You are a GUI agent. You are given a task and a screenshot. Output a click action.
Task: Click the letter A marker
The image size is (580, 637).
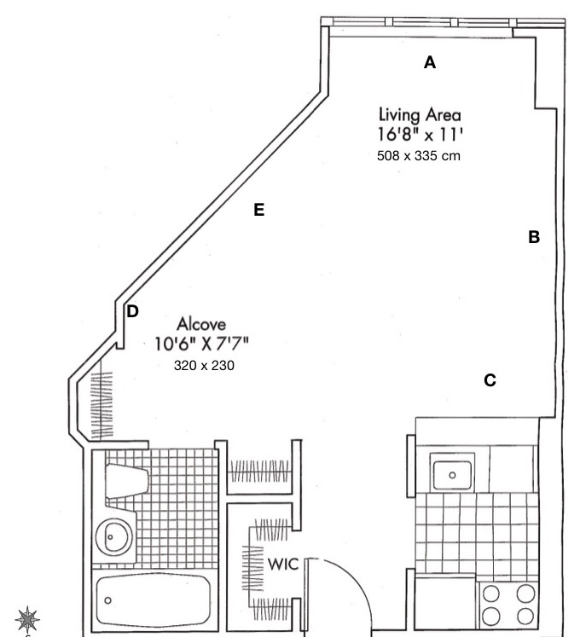click(430, 62)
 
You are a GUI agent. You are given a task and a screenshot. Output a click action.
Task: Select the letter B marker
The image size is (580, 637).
click(534, 238)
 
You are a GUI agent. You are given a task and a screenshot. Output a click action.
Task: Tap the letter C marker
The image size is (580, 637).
click(490, 380)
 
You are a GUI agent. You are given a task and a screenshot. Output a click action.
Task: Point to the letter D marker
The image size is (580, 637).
click(132, 311)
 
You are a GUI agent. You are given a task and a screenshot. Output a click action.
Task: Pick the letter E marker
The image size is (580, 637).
click(259, 210)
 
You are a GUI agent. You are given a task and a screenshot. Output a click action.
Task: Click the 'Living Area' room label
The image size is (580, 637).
click(420, 114)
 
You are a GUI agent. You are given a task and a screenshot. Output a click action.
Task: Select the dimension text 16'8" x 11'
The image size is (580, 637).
click(420, 135)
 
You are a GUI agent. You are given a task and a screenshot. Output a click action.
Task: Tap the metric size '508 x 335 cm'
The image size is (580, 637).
click(419, 156)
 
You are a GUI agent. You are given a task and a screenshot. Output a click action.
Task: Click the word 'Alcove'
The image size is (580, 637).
click(201, 324)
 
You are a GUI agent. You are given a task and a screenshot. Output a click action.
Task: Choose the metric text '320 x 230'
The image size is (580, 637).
click(203, 365)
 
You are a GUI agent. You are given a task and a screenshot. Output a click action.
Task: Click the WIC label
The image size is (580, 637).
click(281, 565)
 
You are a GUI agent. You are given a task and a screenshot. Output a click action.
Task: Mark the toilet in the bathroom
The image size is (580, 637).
click(124, 478)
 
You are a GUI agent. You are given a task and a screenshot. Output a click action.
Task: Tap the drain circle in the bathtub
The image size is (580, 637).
click(108, 599)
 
